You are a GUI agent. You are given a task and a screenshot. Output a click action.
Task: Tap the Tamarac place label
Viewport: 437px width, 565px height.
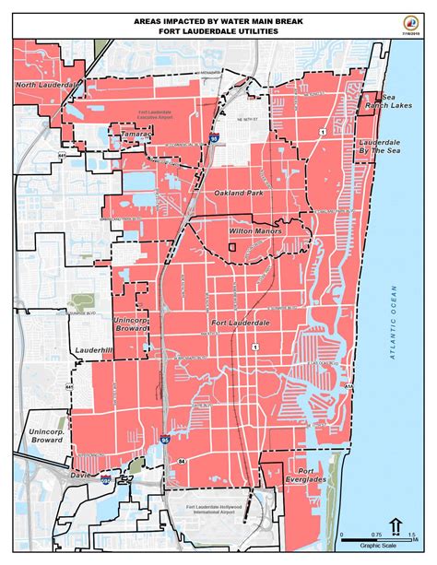point(136,133)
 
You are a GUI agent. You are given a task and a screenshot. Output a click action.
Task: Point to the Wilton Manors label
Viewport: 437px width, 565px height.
point(255,231)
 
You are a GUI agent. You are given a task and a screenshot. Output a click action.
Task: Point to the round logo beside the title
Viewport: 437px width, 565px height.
point(409,20)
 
